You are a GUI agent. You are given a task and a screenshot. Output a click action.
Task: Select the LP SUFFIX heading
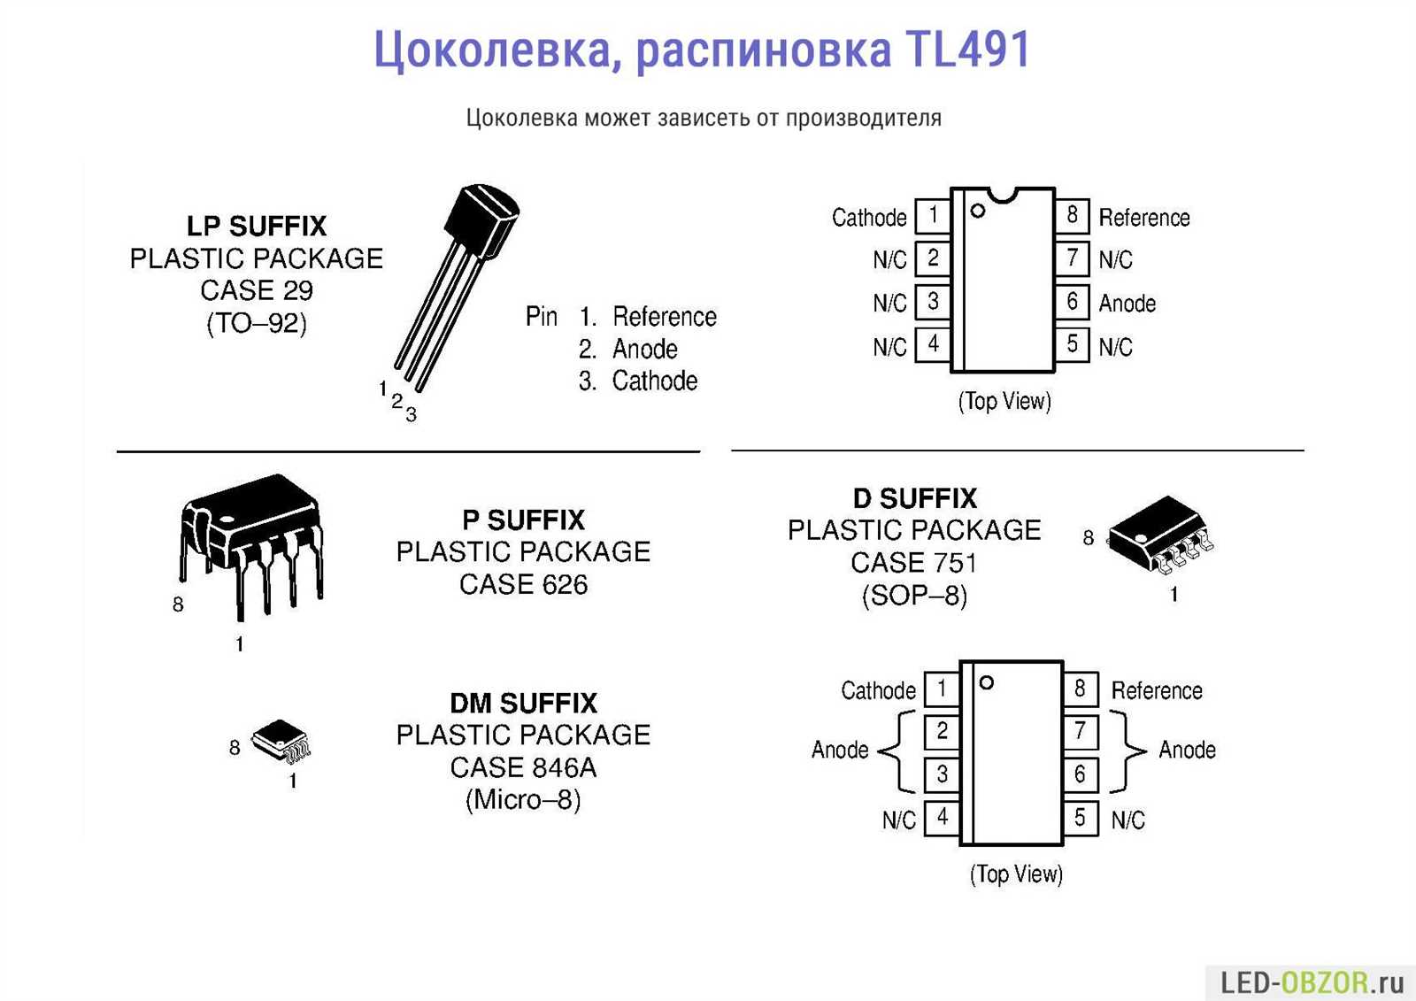(257, 227)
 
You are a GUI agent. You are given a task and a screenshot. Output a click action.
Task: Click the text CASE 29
(257, 290)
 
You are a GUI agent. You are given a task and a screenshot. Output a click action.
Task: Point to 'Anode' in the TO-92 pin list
(644, 349)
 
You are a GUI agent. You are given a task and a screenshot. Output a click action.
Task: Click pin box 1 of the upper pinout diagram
(932, 215)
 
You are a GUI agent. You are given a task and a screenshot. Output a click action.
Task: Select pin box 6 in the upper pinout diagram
(1072, 302)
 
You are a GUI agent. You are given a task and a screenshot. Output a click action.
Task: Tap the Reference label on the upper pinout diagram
(1143, 218)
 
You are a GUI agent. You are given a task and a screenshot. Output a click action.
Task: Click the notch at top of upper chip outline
(1003, 193)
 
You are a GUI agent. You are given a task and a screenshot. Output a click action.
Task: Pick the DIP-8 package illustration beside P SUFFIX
(252, 540)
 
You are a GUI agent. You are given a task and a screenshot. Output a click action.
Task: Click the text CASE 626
(523, 584)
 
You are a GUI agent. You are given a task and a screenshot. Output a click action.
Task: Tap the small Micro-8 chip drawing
(281, 740)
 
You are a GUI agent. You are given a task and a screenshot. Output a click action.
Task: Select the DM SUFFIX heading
(523, 704)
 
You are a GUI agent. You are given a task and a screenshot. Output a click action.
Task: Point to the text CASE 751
(913, 563)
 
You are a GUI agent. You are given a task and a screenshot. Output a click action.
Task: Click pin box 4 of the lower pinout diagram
(942, 817)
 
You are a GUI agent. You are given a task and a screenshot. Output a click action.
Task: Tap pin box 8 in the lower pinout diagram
(1080, 689)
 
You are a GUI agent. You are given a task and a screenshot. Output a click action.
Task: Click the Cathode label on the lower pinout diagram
(878, 691)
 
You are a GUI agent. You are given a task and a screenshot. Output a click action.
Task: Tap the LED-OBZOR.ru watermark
(1312, 982)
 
